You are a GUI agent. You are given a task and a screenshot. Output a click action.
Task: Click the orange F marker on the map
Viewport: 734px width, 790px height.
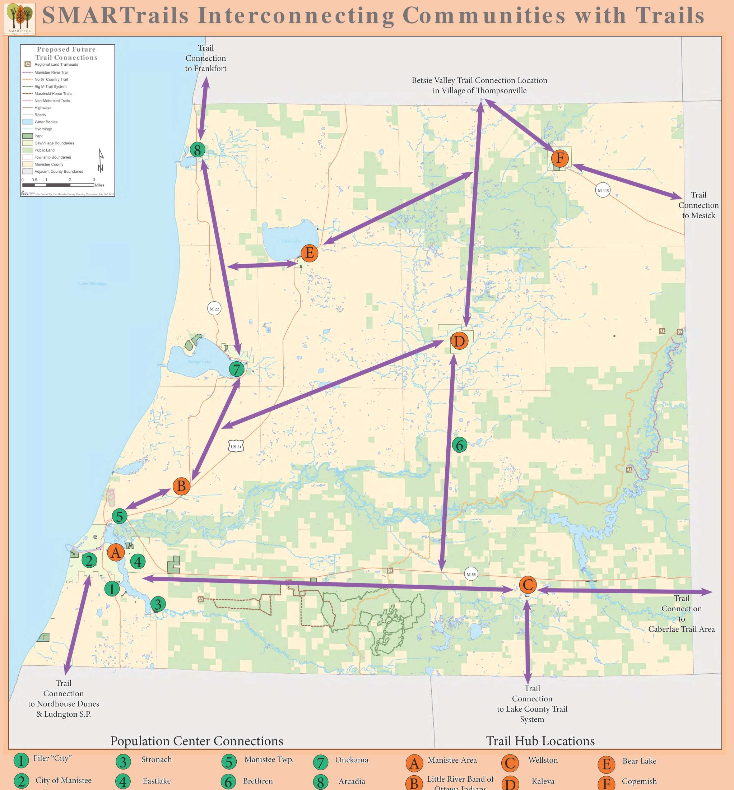coord(559,158)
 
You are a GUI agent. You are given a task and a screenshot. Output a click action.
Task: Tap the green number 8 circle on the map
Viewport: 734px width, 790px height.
coord(198,150)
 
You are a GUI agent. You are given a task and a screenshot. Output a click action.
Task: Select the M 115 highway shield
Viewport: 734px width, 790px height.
coord(603,191)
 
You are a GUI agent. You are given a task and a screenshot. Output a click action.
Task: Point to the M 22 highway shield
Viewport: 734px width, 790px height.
coord(214,308)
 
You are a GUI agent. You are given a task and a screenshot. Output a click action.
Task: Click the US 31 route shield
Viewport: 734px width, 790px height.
coord(236,446)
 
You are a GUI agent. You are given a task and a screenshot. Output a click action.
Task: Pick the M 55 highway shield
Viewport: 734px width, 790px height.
coord(471,574)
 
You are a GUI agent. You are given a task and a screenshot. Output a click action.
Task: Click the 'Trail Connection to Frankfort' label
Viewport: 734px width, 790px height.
coord(205,58)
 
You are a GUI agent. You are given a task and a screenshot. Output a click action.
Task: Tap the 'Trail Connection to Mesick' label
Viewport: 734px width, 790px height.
coord(698,205)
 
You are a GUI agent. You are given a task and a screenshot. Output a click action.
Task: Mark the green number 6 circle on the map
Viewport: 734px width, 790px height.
coord(460,445)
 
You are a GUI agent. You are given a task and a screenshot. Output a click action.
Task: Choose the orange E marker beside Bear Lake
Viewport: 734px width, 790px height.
coord(310,253)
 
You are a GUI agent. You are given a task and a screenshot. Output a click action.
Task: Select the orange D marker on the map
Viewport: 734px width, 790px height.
coord(459,341)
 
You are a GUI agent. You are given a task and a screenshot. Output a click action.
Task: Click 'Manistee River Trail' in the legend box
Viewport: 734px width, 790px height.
coord(51,72)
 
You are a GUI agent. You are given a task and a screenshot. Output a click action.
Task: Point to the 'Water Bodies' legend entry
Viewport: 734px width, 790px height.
coord(46,122)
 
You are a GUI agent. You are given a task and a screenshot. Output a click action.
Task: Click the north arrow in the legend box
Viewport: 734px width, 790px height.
coord(101,161)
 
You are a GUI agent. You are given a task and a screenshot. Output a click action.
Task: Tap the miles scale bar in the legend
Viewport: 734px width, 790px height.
coord(58,185)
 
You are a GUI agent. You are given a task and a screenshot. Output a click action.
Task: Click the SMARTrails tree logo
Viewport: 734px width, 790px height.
coord(19,18)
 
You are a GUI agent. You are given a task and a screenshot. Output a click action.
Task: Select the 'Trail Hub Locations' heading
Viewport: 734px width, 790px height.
coord(540,741)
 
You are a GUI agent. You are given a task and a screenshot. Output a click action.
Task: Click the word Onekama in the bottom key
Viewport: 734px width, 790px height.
coord(352,760)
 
